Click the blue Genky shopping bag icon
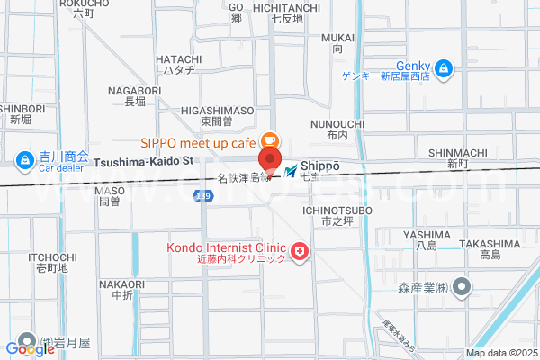[x=444, y=67]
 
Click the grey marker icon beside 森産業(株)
[x=462, y=288]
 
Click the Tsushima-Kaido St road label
[x=144, y=161]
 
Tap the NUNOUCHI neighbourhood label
[x=337, y=122]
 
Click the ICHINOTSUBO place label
[x=337, y=211]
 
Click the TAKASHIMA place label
[x=490, y=243]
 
